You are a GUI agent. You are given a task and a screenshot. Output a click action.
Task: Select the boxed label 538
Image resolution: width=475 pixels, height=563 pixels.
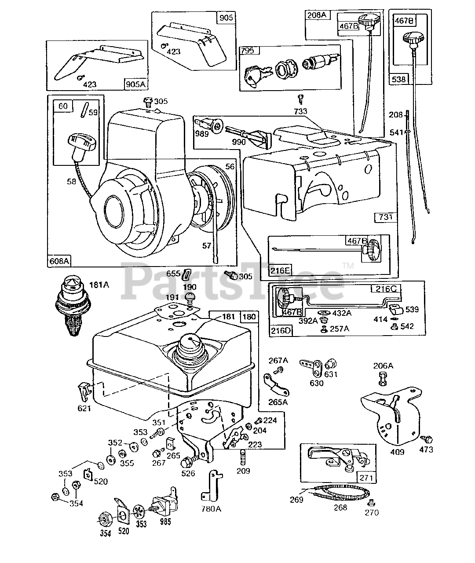pyautogui.click(x=400, y=80)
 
